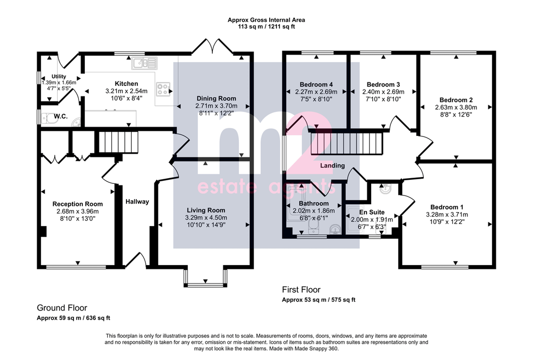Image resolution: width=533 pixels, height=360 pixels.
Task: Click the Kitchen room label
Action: (x=126, y=84)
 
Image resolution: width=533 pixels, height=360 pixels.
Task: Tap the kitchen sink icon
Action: (x=145, y=63)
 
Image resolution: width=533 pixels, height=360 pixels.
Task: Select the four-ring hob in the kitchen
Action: (x=163, y=89)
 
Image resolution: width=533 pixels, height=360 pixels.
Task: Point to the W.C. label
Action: (x=60, y=116)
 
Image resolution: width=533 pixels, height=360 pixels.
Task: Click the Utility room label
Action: (x=59, y=77)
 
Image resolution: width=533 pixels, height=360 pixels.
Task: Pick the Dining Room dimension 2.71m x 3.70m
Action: (x=217, y=106)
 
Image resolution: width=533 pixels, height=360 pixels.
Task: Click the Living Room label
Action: (x=206, y=210)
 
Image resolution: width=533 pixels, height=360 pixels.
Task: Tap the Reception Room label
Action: (x=78, y=204)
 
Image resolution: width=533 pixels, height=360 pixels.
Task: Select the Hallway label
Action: (x=137, y=202)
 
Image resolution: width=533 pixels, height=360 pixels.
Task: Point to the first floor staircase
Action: (x=347, y=143)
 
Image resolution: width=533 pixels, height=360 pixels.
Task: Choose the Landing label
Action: (x=333, y=166)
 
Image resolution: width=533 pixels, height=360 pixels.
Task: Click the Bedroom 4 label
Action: (x=316, y=85)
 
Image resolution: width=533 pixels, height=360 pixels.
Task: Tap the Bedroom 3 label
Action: (x=383, y=85)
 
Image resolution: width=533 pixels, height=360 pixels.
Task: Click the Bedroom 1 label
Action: (x=447, y=207)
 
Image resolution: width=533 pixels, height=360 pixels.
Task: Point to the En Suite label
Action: (x=372, y=213)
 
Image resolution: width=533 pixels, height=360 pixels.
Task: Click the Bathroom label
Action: (x=314, y=204)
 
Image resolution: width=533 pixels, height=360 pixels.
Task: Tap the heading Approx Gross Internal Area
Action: (x=266, y=20)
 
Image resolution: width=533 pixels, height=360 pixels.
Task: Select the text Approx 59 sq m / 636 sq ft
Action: (x=73, y=318)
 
